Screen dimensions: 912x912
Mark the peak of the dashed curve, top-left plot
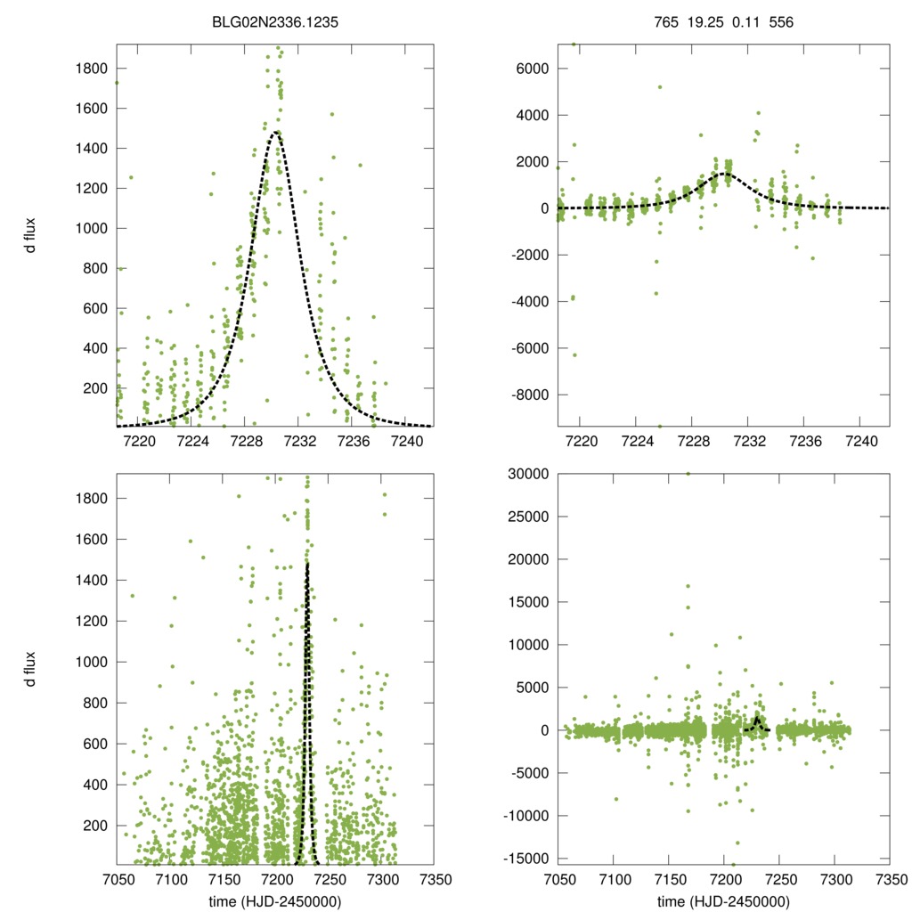tap(277, 132)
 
